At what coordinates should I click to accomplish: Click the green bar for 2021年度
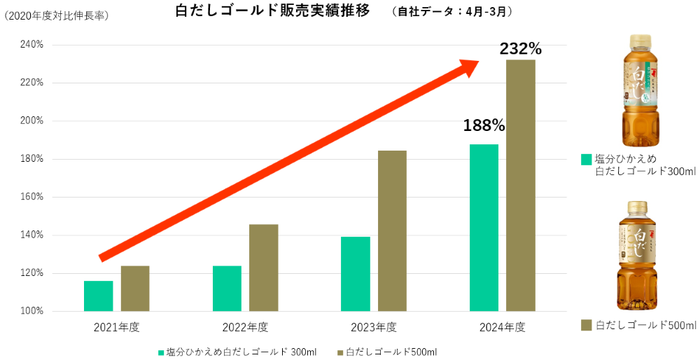[98, 296]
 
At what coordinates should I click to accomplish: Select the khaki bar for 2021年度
[135, 288]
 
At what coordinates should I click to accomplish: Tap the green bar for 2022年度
[227, 288]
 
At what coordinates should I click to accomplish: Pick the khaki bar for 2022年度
[264, 268]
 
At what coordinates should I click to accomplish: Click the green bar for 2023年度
[356, 274]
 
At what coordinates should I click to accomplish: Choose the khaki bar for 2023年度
[392, 230]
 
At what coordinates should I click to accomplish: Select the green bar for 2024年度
[484, 228]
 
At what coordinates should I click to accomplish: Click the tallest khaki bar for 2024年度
[521, 186]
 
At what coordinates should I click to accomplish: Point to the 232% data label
[520, 49]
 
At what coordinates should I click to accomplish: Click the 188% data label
[484, 125]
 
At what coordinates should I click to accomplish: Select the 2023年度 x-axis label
[374, 327]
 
